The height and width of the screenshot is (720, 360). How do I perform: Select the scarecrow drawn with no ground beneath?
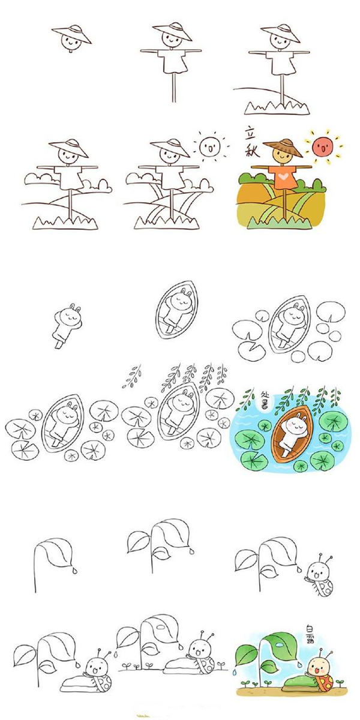[173, 57]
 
